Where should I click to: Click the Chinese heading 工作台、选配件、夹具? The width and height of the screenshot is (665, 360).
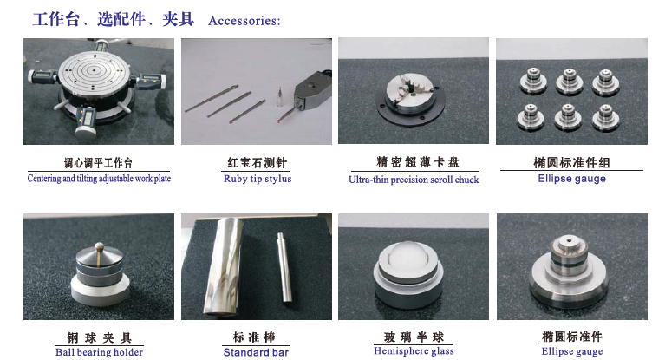[x=114, y=20]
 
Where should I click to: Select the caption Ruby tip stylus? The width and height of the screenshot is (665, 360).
[x=258, y=179]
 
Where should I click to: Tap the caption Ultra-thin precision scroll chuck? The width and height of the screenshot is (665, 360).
[x=414, y=180]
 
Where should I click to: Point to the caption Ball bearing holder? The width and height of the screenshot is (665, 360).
[x=99, y=352]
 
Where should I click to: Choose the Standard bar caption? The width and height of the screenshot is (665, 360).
[x=256, y=352]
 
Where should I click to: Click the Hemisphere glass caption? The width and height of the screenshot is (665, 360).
[x=414, y=351]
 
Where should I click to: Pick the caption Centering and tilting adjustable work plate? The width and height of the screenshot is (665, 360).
[x=99, y=179]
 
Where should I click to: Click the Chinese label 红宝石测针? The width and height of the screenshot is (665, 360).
[x=257, y=162]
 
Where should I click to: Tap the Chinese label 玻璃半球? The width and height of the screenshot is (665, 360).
[x=414, y=337]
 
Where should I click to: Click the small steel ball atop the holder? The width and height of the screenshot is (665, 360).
[x=99, y=245]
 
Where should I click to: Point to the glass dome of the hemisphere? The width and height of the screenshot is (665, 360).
[x=408, y=257]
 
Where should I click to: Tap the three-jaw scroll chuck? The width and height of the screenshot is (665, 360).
[x=410, y=94]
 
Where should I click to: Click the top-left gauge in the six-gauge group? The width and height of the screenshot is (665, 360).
[x=532, y=81]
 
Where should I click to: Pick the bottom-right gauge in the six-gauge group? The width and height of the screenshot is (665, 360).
[x=606, y=117]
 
